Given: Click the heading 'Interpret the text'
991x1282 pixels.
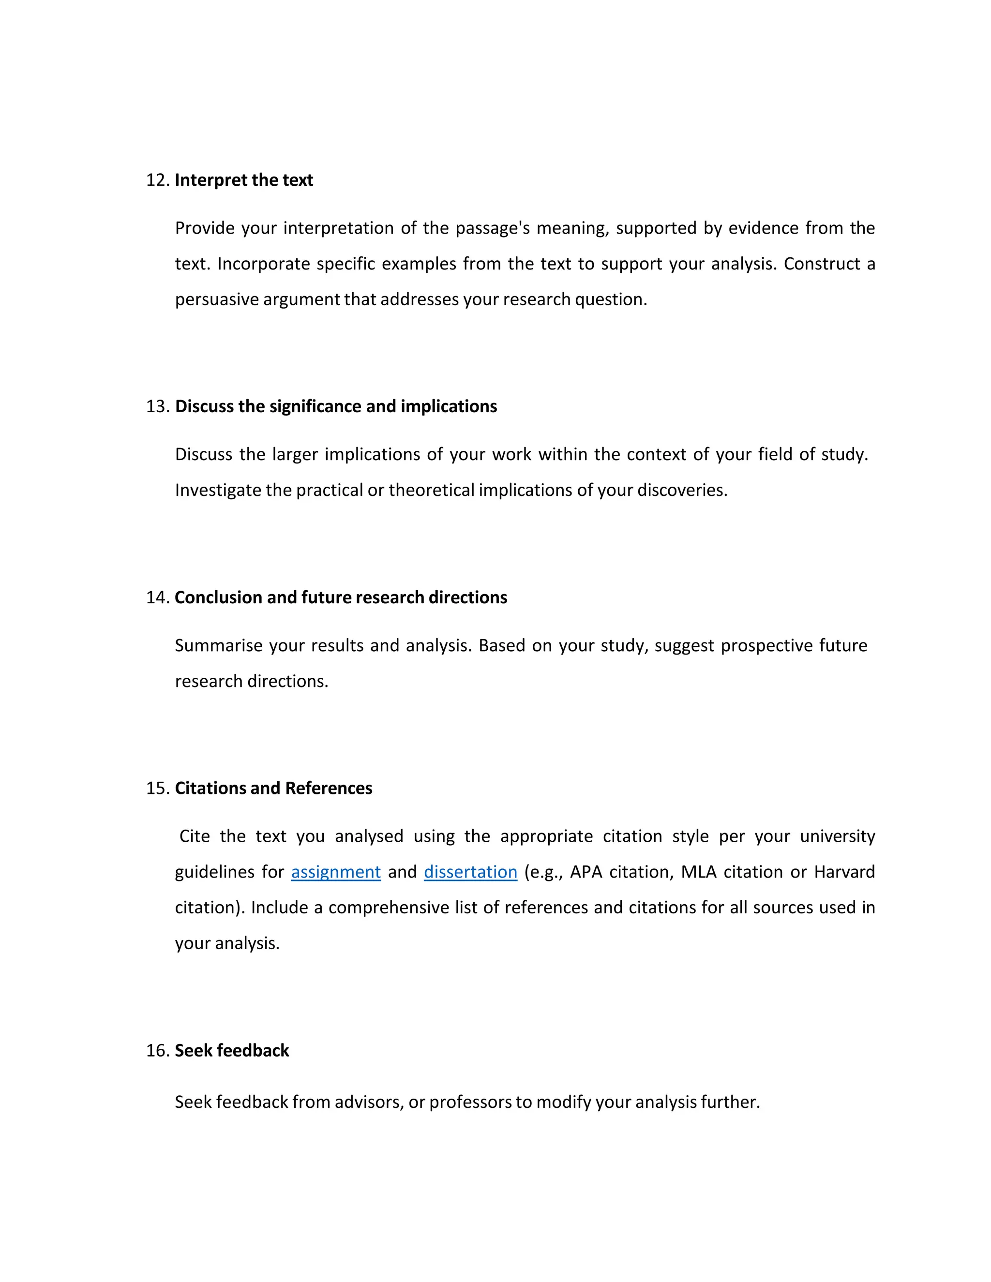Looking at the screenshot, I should pyautogui.click(x=244, y=180).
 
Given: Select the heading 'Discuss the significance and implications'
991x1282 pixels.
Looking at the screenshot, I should pyautogui.click(x=336, y=406).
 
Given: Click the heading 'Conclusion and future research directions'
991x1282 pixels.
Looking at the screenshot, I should pyautogui.click(x=341, y=597).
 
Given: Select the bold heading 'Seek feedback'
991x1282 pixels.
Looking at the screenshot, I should pyautogui.click(x=232, y=1050).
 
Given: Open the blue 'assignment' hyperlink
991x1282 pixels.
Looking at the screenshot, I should pyautogui.click(x=336, y=872).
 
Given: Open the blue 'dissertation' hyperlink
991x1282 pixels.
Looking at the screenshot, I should pyautogui.click(x=470, y=872).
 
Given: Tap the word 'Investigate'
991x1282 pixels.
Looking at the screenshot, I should pyautogui.click(x=218, y=490).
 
